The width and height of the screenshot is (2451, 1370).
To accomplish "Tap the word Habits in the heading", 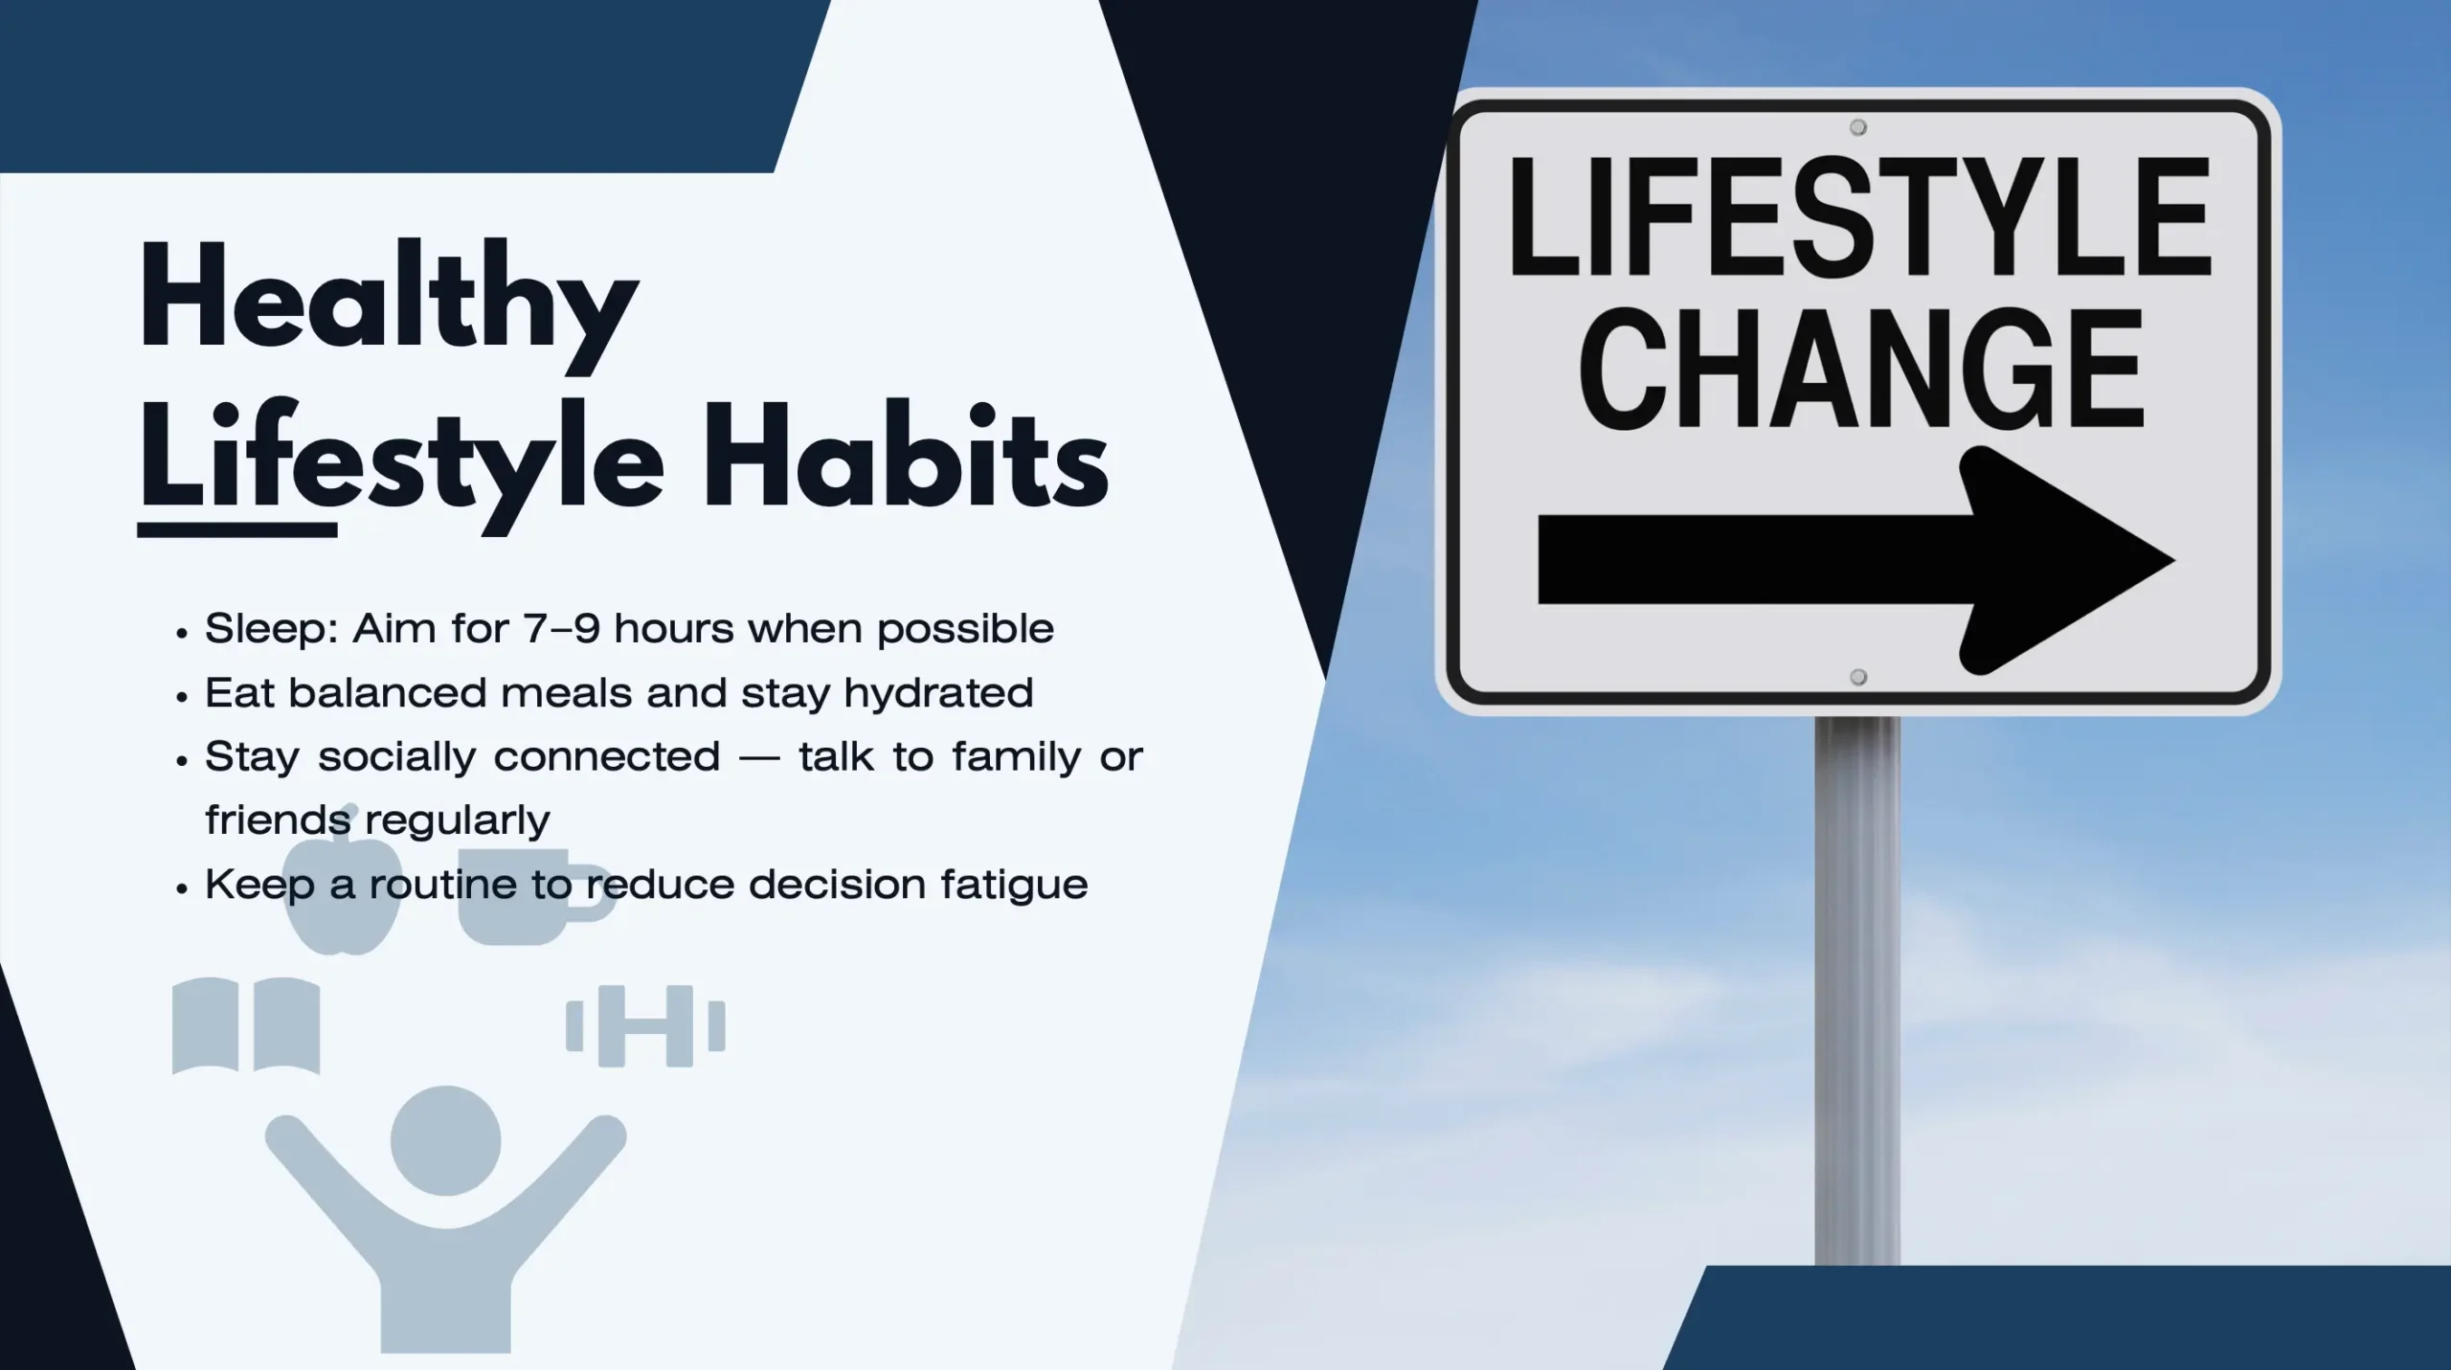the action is tap(906, 456).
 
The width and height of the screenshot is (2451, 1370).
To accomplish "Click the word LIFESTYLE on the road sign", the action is tap(1858, 217).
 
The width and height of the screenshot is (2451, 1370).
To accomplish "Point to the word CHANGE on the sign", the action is tap(1860, 370).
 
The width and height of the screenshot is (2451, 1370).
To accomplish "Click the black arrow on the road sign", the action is tap(1855, 560).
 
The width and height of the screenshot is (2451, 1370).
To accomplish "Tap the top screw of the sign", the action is tap(1858, 127).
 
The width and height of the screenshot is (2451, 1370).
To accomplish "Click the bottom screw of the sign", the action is tap(1858, 678).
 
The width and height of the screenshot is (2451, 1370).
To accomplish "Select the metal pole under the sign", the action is tap(1857, 990).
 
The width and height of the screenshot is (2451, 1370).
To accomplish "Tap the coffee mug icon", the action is tap(532, 895).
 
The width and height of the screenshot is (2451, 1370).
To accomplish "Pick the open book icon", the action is tap(246, 1025).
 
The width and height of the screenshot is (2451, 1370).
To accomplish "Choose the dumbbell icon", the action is tap(645, 1026).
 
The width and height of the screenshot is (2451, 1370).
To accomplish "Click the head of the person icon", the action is tap(446, 1140).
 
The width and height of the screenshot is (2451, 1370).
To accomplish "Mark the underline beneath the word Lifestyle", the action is tap(237, 529).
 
